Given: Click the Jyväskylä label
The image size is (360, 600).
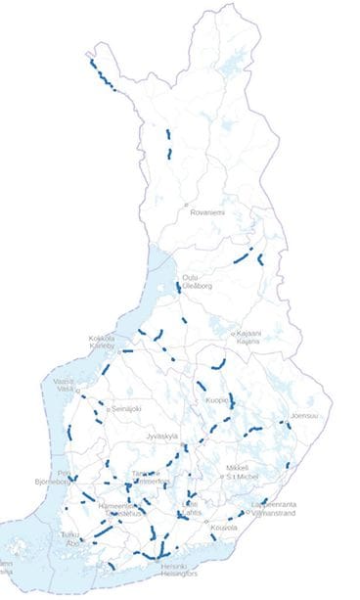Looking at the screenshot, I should pos(164,436).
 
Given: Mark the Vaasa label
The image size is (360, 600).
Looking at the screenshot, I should pos(64,381).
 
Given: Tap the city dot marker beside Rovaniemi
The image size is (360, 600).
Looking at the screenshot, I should pos(186,206).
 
